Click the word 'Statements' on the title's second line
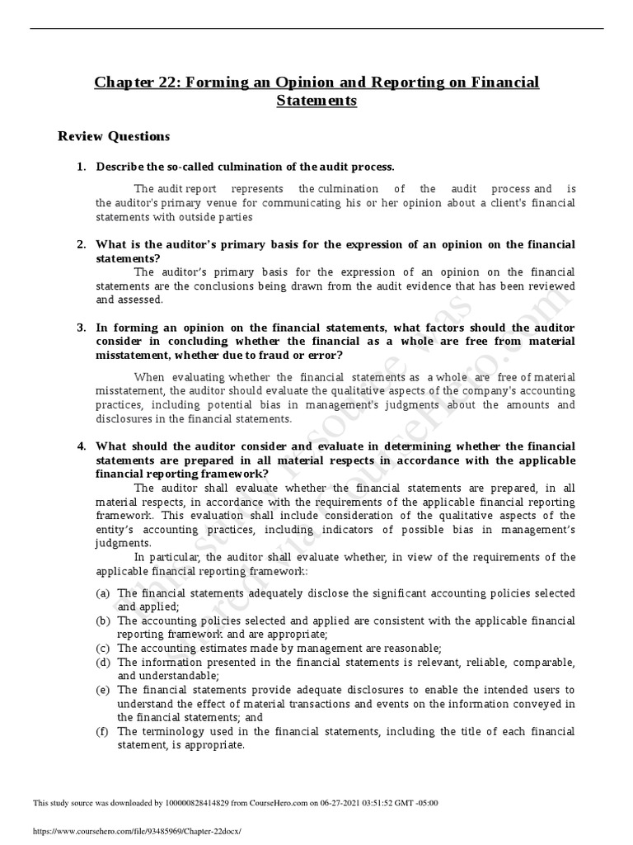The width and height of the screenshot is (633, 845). coord(316,101)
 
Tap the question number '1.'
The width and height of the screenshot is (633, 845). coord(82,167)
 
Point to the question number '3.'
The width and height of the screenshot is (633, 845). coord(82,327)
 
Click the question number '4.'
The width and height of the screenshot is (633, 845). coord(82,446)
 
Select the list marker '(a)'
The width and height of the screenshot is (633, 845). coord(103,593)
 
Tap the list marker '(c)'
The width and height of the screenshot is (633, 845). coord(103,648)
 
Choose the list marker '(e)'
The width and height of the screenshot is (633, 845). coord(103,689)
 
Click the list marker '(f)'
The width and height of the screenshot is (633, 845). coord(103,731)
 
